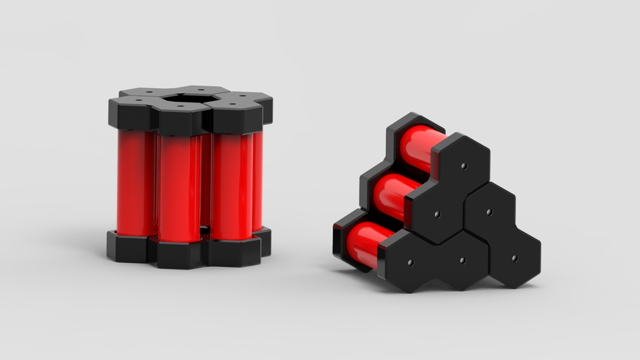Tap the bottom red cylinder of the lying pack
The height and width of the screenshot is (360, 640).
[366, 242]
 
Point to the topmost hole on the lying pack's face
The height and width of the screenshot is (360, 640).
[463, 166]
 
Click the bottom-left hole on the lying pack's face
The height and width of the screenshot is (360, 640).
[410, 262]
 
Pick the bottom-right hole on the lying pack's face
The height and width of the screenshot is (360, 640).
[514, 257]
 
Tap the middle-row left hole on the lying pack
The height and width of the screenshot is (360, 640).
[437, 214]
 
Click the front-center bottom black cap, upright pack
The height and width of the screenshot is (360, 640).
[181, 254]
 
